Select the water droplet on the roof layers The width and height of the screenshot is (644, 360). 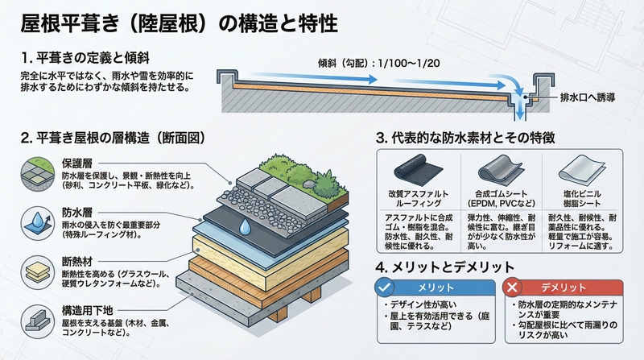[x=242, y=226]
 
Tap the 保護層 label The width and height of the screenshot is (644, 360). [x=77, y=163]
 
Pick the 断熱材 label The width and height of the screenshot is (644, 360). [x=77, y=261]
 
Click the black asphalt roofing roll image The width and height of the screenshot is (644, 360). [x=417, y=172]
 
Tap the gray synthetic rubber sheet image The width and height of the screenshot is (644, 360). [x=502, y=172]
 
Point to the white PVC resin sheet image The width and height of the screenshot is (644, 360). [x=584, y=171]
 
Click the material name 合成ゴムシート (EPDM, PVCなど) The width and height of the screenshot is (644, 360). [x=502, y=199]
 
